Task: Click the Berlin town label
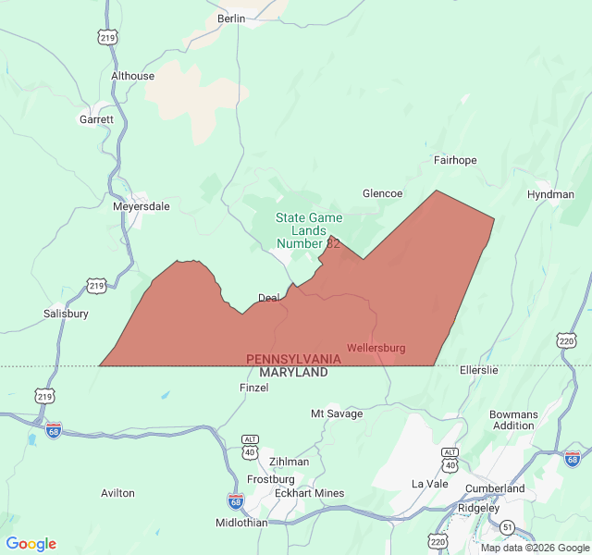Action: click(x=231, y=18)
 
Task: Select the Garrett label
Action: click(x=96, y=119)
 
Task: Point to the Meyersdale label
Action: click(x=141, y=206)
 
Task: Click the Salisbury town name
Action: click(x=66, y=314)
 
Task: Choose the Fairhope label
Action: click(x=455, y=160)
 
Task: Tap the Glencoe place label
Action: click(x=382, y=193)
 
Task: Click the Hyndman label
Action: click(x=550, y=194)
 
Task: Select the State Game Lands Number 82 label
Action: click(x=309, y=230)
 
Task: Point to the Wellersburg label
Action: click(x=376, y=348)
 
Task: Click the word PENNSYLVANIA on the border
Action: click(x=293, y=359)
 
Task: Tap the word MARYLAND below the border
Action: click(x=293, y=372)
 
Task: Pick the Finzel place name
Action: click(x=253, y=388)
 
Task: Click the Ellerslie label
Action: click(x=478, y=370)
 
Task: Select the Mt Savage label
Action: click(x=337, y=413)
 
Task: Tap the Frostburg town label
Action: click(x=270, y=479)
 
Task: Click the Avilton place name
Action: click(x=117, y=493)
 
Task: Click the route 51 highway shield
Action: click(x=508, y=526)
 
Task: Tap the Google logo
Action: click(x=31, y=544)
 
